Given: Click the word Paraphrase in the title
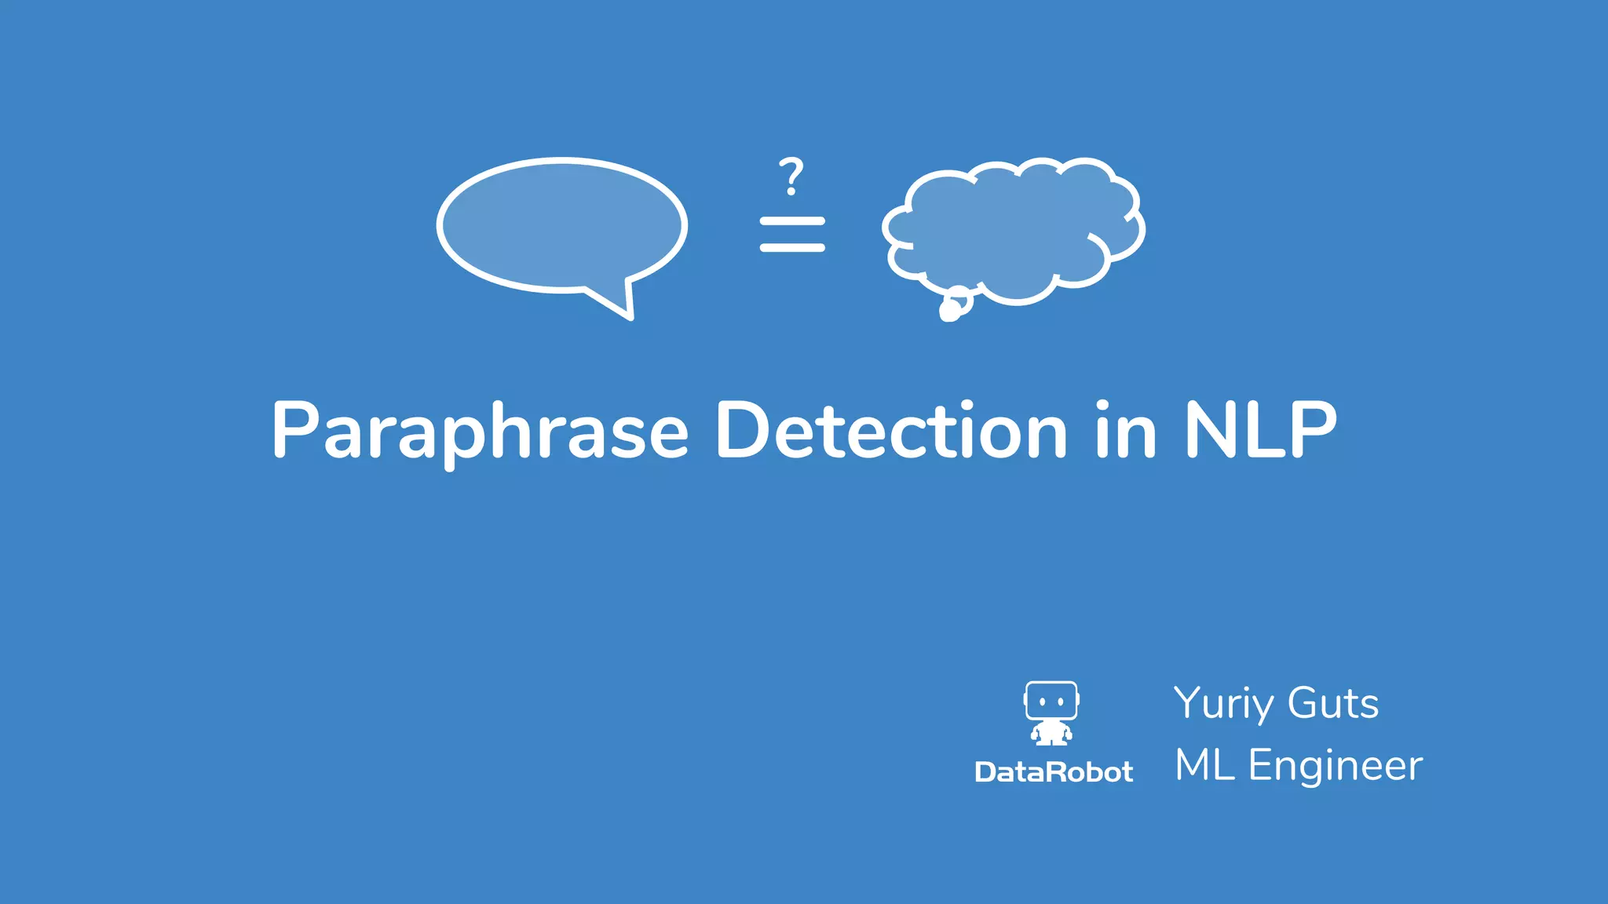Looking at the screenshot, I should [x=480, y=432].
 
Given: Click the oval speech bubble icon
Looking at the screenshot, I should [x=561, y=225].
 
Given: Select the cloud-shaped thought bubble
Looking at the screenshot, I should [x=1013, y=228].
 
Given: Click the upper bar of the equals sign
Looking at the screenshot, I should [x=792, y=221].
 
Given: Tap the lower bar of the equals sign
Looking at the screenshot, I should [x=792, y=248].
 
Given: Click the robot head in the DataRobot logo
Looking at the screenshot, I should [x=1051, y=701].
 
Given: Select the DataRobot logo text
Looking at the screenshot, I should [x=1054, y=772].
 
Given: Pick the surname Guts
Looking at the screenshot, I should [x=1333, y=703].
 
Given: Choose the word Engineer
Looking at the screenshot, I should [x=1335, y=767].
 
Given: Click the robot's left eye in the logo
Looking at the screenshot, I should [x=1042, y=702].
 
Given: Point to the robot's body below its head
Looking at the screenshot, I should [x=1051, y=734].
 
